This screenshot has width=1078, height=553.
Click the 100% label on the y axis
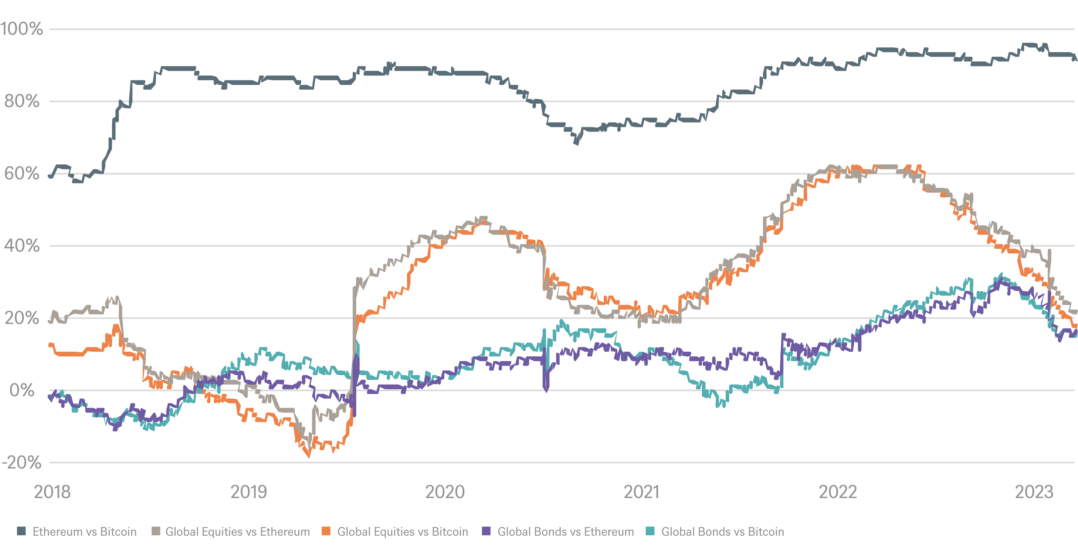point(22,29)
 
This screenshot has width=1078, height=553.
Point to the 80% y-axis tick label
point(22,101)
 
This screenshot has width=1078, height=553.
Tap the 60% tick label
point(22,174)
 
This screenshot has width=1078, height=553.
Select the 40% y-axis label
point(22,246)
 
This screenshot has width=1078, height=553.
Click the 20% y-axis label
point(22,318)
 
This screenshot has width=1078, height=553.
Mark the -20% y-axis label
point(22,463)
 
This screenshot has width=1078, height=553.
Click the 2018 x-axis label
point(52,492)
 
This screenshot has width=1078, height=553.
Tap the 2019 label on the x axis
point(249,492)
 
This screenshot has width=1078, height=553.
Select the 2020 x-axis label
point(445,492)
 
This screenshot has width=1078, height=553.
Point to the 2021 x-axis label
point(641,492)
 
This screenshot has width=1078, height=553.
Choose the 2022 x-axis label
point(837,492)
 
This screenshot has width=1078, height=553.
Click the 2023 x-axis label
point(1034,492)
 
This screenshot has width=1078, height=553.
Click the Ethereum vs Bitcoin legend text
point(85,532)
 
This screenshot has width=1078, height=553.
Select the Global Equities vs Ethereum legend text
point(238,532)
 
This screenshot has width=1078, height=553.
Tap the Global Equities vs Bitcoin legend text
point(402,532)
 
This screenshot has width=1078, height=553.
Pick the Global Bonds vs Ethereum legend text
point(565,532)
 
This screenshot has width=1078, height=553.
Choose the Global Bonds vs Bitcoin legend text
point(722,532)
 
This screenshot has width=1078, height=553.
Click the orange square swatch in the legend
point(326,531)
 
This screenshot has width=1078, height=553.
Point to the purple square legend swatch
point(486,531)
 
